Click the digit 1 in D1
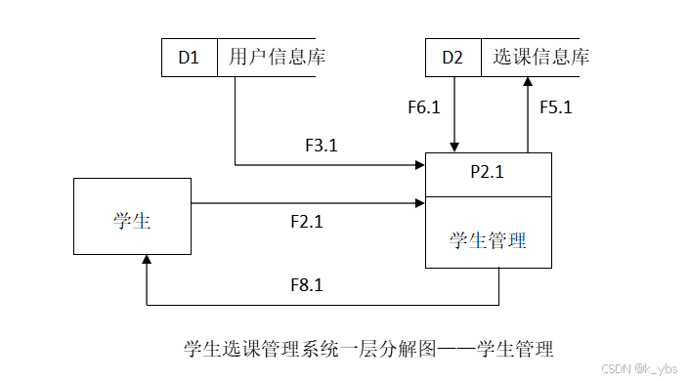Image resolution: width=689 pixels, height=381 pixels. pos(194,59)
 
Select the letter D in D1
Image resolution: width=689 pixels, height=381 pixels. pos(184,59)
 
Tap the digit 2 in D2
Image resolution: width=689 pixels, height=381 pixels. pos(458,59)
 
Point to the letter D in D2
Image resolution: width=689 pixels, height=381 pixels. pos(448,59)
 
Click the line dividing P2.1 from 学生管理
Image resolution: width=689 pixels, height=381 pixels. pos(489,196)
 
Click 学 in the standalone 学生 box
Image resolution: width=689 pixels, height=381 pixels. pos(122,220)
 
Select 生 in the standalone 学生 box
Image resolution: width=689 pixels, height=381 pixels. pos(142,220)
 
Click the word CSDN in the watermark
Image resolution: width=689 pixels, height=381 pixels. pos(614,367)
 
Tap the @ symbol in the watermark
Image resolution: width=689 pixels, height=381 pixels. pos(638,367)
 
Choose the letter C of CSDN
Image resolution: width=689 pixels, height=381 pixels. pos(603,367)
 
